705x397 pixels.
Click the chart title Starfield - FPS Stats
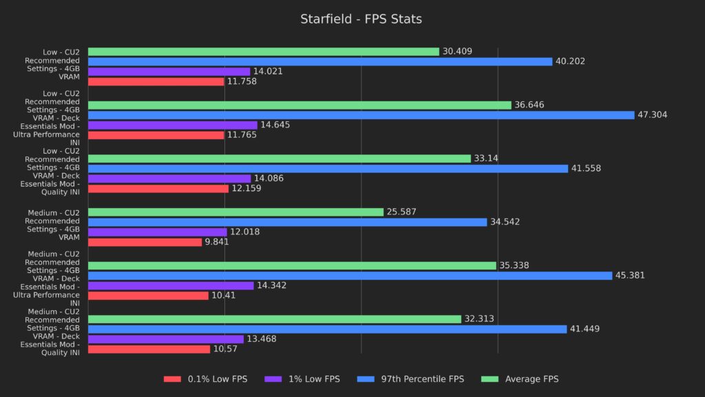tap(361, 19)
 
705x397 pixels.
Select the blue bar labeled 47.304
tap(361, 115)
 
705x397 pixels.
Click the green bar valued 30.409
tap(263, 52)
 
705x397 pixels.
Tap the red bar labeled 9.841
tap(145, 242)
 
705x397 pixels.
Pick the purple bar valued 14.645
tap(172, 125)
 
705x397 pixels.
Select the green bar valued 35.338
tap(292, 265)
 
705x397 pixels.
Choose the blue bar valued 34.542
tap(287, 222)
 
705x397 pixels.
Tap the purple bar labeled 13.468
tap(165, 339)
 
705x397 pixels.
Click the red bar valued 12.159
tap(158, 188)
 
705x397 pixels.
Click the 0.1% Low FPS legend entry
tap(205, 379)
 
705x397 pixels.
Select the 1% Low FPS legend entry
tap(306, 379)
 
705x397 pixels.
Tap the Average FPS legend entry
tap(522, 379)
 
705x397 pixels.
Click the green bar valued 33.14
tap(279, 159)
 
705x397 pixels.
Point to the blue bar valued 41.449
tap(327, 329)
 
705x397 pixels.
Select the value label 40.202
tap(573, 61)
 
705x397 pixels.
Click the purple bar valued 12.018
tap(157, 232)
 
